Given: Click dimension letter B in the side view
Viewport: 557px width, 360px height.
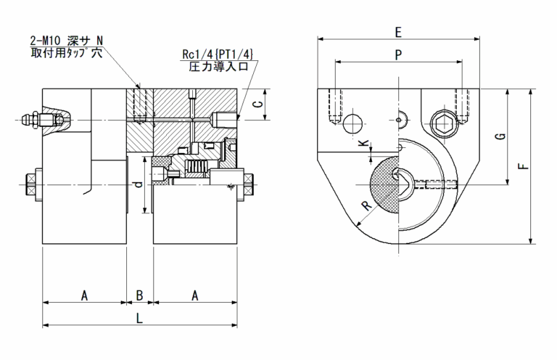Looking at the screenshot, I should point(140,295).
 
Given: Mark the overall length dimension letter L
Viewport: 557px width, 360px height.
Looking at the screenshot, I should point(139,318).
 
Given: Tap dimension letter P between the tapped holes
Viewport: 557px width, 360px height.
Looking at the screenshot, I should point(397,54).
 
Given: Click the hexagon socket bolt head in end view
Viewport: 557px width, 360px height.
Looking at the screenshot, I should point(444,123).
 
